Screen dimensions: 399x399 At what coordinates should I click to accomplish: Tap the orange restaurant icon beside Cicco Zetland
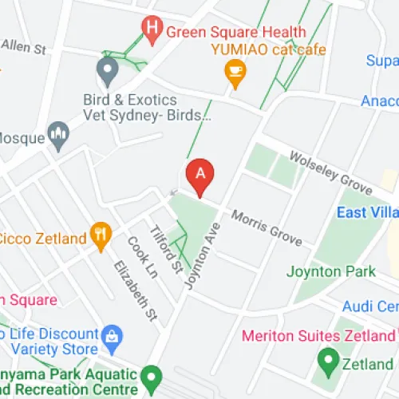tap(101, 235)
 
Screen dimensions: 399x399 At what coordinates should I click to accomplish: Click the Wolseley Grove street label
tap(330, 174)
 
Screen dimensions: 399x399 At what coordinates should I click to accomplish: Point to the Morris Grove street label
tap(267, 228)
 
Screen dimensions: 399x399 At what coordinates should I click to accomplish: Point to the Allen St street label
tap(23, 47)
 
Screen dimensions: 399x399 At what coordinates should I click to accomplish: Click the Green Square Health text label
tap(236, 32)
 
